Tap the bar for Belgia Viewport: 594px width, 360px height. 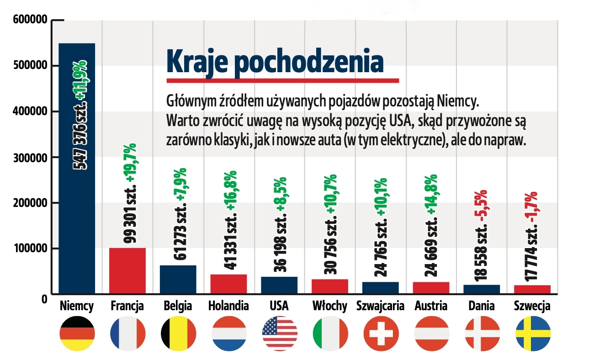(x=178, y=279)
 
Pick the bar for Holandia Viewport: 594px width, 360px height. (x=228, y=284)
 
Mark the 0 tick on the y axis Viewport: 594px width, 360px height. (x=44, y=299)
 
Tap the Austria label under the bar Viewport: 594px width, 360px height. (x=430, y=306)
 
